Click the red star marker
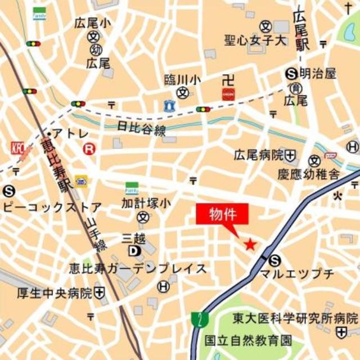click(x=250, y=244)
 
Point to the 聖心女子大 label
click(x=255, y=41)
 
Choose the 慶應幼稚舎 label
click(x=308, y=174)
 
